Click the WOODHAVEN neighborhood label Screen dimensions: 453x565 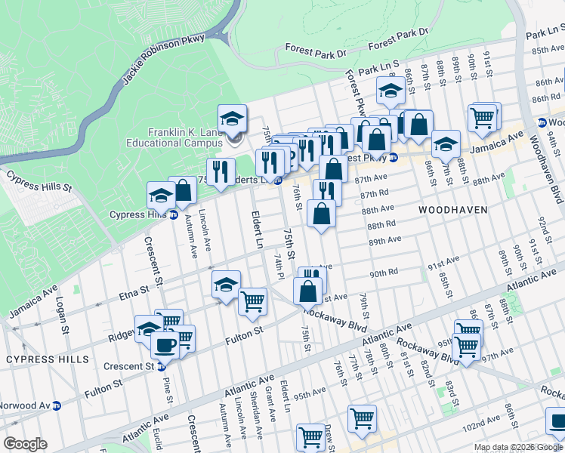click(x=452, y=209)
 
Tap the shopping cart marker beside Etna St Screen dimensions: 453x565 click(x=252, y=301)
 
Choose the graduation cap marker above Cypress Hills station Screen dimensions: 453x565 click(x=161, y=196)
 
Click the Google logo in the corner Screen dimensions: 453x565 click(x=25, y=444)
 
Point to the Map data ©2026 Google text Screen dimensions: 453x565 click(x=518, y=447)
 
